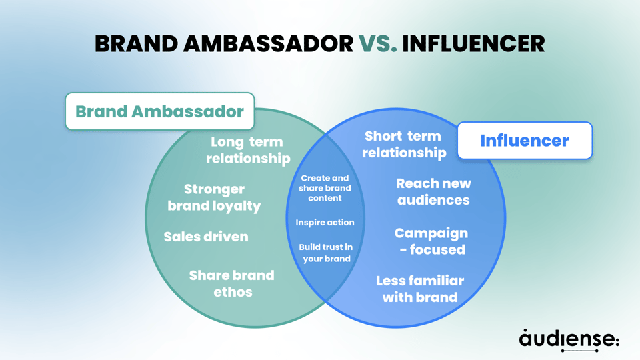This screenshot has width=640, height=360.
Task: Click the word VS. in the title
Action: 378,43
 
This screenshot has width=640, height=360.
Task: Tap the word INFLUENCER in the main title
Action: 473,43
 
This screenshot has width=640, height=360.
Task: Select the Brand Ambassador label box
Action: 159,111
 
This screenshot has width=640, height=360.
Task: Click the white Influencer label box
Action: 525,141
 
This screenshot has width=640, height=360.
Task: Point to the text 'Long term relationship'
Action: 247,150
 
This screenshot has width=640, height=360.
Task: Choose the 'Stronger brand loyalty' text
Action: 214,197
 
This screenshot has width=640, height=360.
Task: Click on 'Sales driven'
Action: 206,237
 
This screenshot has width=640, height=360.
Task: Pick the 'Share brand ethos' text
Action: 232,283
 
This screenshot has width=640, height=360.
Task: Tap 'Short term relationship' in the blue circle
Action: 403,144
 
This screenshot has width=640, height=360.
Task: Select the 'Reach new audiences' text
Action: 433,191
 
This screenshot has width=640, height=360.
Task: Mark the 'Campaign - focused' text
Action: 431,241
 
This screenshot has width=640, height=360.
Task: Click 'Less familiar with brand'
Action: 419,289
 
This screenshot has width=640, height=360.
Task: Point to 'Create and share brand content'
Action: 325,188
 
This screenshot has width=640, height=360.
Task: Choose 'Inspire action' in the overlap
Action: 325,222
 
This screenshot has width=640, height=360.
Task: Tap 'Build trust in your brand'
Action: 326,253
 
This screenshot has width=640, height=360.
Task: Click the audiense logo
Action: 569,339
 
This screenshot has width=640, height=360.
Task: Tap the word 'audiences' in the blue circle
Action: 433,200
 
